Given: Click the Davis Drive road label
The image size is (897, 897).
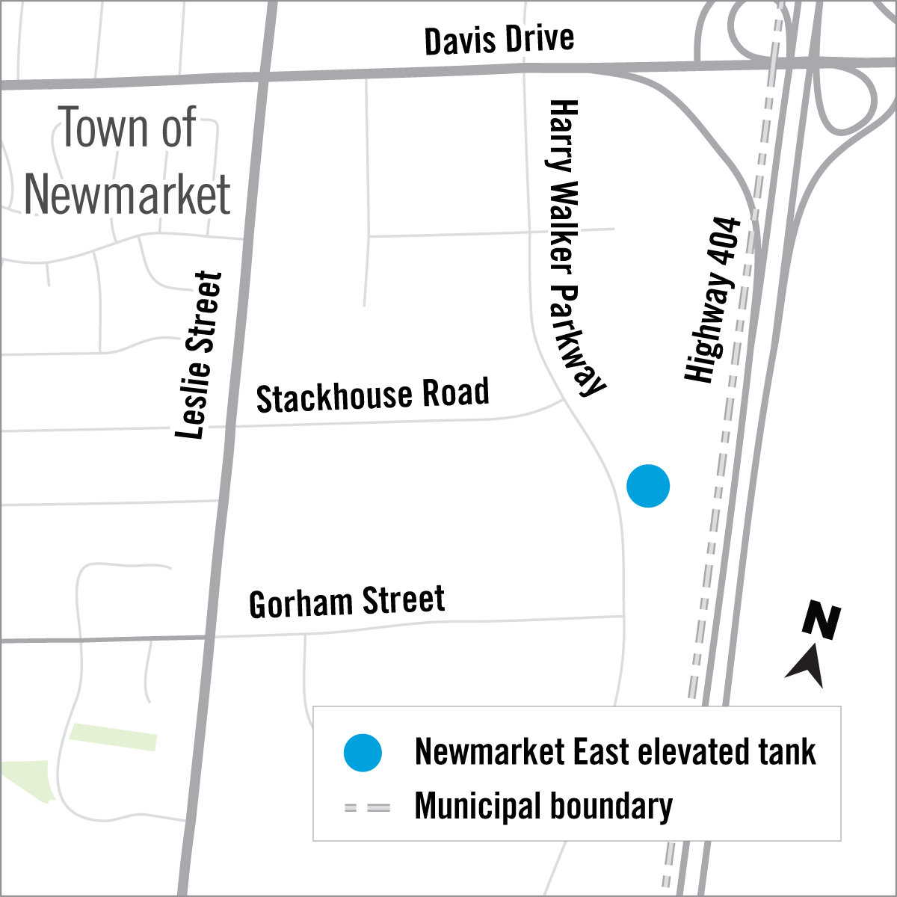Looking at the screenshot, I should pos(499,40).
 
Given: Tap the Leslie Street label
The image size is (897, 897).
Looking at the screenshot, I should pos(200,355).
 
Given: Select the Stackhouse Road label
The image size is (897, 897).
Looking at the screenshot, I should pos(372,395).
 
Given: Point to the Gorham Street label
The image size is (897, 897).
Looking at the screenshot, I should pos(347,602).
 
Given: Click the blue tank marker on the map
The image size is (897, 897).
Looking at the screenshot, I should pos(648,486).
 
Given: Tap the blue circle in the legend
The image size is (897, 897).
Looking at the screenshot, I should pos(363,753).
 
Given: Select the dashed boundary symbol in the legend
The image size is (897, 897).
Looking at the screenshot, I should pos(367,808).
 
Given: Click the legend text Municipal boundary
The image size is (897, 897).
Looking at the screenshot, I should pos(543,807).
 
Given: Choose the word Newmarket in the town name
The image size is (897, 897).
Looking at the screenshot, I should pos(128,194).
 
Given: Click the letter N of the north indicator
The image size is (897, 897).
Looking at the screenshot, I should pos(822,621).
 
